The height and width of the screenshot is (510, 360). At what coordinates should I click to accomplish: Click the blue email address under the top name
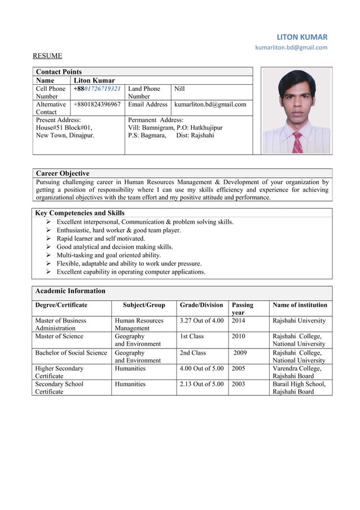pos(291,47)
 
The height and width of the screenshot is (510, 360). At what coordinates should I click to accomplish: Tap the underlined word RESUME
pos(47,56)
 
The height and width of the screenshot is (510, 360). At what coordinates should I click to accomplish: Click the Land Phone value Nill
pos(179,89)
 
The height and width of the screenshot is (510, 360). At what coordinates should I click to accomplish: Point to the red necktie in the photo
pos(297,142)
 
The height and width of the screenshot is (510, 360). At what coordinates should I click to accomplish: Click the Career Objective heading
pos(63,173)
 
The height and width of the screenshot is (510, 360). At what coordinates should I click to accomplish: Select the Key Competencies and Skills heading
pos(80,213)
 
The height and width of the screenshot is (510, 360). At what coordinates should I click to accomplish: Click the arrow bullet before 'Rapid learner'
pos(50,239)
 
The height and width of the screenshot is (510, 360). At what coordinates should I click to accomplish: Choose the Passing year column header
pos(242,308)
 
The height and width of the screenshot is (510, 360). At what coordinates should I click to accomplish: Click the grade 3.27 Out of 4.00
pos(201,321)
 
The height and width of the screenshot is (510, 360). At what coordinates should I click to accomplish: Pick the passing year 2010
pos(238,336)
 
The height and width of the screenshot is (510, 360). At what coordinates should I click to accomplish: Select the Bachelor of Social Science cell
pos(71,353)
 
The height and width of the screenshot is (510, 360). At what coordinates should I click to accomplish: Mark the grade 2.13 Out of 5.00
pos(201,384)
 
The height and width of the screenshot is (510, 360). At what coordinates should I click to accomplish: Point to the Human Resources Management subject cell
pos(138,324)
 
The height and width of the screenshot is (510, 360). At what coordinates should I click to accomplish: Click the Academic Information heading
pos(70,291)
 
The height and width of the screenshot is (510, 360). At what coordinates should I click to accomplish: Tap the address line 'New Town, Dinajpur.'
pos(65,136)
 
